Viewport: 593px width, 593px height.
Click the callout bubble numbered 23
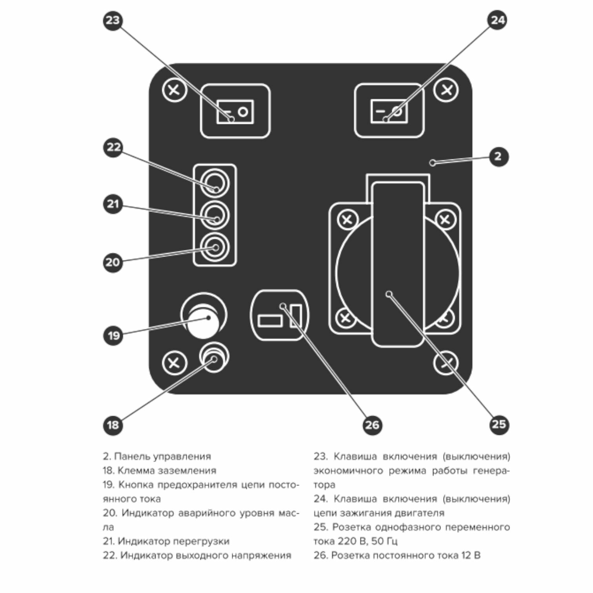113,20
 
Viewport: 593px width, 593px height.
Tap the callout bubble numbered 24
497,20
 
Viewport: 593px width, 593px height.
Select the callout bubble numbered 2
498,156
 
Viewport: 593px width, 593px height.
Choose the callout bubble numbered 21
113,204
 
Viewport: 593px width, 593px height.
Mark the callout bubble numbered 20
113,262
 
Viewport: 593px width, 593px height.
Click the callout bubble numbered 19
113,335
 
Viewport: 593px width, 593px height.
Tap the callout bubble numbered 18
113,425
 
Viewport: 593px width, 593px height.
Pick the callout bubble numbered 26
372,425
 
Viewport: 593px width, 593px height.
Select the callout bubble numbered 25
499,425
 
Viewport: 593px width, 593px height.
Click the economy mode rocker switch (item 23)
235,111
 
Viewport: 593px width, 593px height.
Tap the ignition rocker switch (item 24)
389,111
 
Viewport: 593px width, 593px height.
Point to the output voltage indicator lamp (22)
215,183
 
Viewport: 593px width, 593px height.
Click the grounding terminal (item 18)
214,357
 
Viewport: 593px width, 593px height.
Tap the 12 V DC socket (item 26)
279,315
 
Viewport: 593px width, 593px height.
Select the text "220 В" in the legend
352,541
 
